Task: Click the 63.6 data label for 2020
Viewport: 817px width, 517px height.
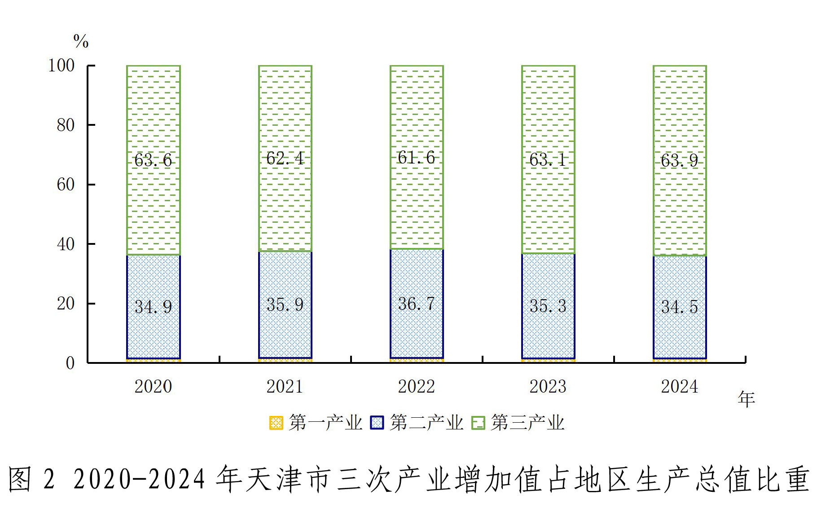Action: (153, 160)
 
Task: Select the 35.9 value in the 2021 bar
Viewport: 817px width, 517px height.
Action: (285, 305)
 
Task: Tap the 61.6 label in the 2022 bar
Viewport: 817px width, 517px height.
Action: (416, 158)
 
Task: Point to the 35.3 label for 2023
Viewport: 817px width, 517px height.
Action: (548, 306)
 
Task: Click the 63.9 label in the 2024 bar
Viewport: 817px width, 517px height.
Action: (679, 160)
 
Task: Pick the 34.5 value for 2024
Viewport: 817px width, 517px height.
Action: (679, 307)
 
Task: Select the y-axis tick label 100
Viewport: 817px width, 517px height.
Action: (61, 66)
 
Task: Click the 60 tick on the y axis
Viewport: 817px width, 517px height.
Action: (66, 185)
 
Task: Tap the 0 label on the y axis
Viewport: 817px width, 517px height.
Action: (70, 363)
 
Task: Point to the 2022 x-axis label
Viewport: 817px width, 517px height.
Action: (416, 387)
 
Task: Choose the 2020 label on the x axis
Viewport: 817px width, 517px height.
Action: (153, 387)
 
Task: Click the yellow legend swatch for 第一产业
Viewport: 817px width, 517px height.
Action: (276, 423)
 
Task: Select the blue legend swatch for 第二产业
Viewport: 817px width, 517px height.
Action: (377, 423)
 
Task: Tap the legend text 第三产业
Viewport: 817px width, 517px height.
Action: (527, 423)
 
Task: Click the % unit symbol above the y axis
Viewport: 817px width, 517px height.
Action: (81, 41)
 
